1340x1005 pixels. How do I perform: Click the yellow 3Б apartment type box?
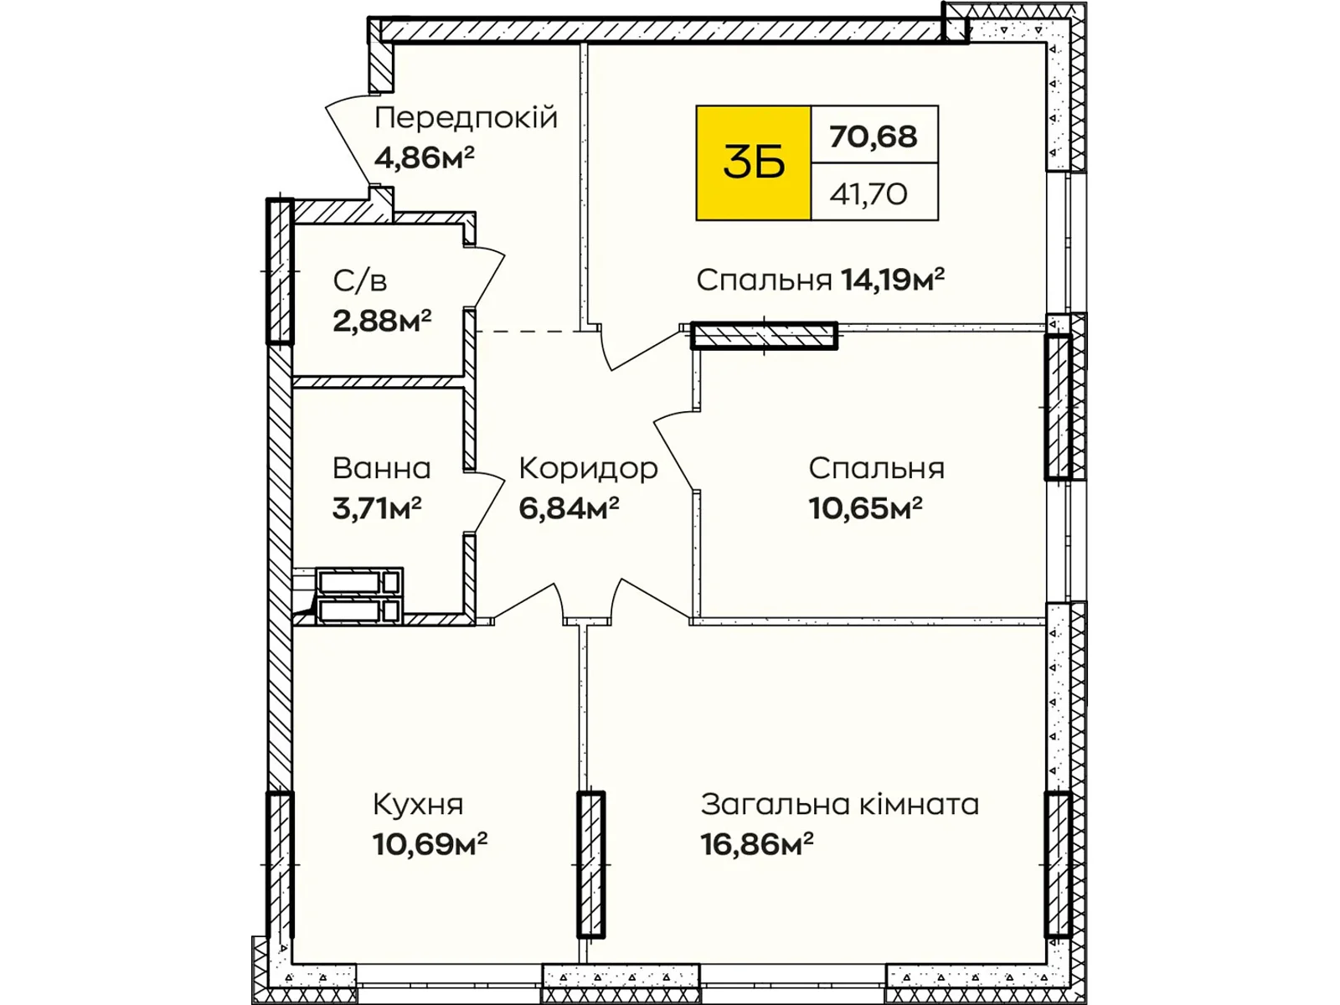pos(753,163)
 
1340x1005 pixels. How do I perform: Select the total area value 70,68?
pos(874,136)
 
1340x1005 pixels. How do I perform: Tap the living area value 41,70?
pos(868,194)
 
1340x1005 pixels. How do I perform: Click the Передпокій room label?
pos(466,118)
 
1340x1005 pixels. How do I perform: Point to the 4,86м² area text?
pos(425,157)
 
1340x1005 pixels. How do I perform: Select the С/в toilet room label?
pos(360,281)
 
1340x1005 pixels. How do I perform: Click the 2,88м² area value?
pos(382,320)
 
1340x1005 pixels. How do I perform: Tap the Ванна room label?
pos(382,468)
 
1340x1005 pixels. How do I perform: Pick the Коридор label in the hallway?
pos(588,468)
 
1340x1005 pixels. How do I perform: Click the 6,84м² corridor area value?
pos(569,508)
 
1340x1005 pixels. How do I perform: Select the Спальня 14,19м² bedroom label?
pos(820,280)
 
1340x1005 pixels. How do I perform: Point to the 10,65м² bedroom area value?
pos(865,508)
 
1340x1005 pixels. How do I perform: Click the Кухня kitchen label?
pos(418,805)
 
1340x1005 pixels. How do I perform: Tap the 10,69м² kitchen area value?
pos(430,843)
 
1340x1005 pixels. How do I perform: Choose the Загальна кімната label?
pos(839,805)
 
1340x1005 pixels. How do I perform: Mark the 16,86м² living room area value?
pos(757,843)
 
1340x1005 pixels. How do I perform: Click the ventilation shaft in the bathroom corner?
pos(358,596)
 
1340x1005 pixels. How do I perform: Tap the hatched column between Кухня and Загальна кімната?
pos(590,863)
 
